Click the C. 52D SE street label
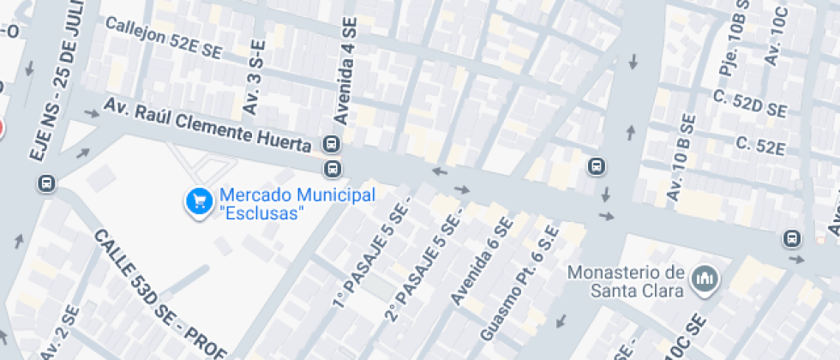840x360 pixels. (749, 103)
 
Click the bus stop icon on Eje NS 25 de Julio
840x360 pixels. (45, 183)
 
